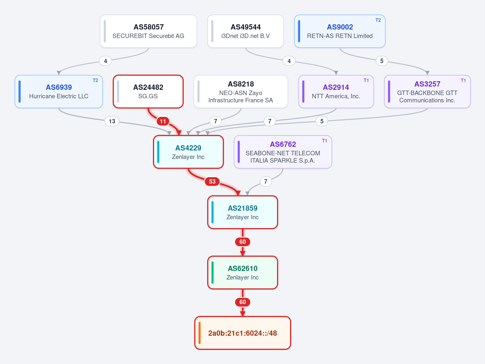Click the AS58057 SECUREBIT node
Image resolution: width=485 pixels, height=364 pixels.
(148, 31)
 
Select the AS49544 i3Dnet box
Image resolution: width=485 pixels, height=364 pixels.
(246, 31)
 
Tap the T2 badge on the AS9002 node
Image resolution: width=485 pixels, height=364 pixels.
(378, 20)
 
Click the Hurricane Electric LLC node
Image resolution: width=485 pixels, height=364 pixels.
(59, 91)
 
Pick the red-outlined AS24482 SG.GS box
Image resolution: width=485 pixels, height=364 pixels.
(148, 91)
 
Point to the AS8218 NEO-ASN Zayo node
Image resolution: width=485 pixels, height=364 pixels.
(241, 91)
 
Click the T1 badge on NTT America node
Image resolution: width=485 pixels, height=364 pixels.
(366, 80)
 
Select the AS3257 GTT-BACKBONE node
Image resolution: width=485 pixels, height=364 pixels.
(427, 91)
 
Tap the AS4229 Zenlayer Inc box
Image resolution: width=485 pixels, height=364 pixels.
(188, 152)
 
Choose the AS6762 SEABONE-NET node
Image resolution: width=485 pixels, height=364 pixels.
(283, 152)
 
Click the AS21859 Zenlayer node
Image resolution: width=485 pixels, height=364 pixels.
(243, 212)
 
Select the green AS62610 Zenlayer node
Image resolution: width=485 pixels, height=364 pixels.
(243, 273)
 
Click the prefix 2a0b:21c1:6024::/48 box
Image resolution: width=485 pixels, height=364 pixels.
(243, 333)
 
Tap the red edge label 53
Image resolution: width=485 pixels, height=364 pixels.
(212, 182)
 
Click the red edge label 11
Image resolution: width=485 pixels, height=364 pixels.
(163, 121)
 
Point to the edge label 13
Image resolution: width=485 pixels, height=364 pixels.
(112, 121)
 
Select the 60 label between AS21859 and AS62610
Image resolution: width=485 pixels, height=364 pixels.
(243, 242)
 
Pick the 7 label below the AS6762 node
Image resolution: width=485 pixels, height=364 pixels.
(266, 182)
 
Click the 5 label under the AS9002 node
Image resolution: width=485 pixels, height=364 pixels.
(382, 61)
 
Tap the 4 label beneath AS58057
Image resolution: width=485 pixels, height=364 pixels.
(106, 61)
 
